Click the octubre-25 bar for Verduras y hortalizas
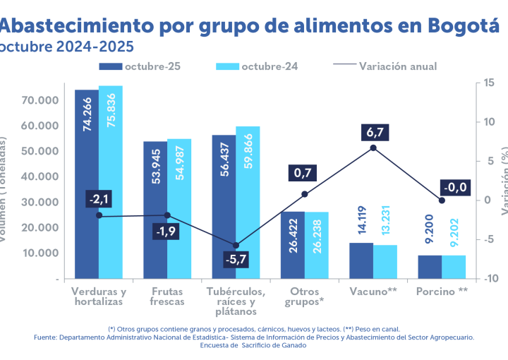(x=87, y=184)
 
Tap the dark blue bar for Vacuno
(x=361, y=260)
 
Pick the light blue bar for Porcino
(x=454, y=267)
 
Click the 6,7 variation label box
(x=373, y=132)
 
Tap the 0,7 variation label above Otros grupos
(x=304, y=173)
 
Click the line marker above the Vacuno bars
(x=373, y=148)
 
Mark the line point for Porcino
(x=442, y=200)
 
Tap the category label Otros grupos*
(x=305, y=296)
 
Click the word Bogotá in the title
(x=463, y=26)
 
